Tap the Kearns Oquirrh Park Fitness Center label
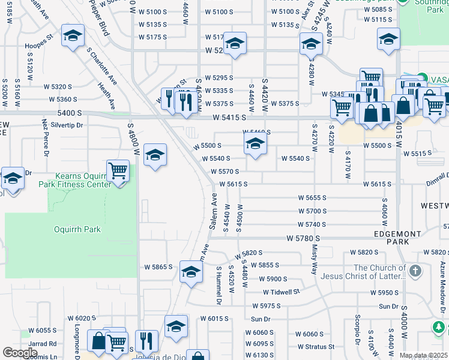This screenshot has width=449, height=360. point(83,180)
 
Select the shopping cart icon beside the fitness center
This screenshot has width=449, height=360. point(118,170)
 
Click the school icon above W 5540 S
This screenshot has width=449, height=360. point(255,144)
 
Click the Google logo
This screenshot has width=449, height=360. point(20,352)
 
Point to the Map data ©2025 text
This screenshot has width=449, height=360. point(424,355)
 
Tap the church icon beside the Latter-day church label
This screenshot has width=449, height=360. point(414,272)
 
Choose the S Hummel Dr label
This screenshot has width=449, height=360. point(219,279)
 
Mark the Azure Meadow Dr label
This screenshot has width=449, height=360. point(442,277)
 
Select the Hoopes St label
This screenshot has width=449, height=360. point(39,45)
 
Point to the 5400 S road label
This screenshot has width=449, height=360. point(70,113)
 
